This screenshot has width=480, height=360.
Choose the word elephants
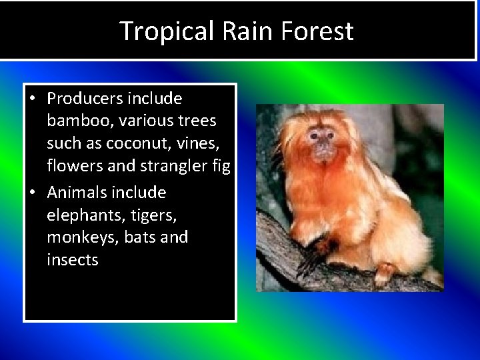(x=80, y=215)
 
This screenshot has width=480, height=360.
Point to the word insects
(x=72, y=260)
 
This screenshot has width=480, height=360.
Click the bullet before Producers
(x=32, y=99)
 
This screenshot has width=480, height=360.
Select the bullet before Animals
(x=32, y=193)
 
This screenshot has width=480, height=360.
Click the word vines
(x=207, y=143)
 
